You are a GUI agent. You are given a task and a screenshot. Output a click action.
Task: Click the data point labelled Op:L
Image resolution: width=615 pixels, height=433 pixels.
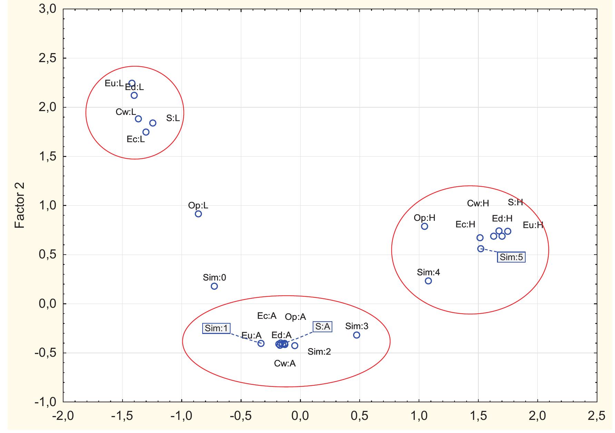(198, 214)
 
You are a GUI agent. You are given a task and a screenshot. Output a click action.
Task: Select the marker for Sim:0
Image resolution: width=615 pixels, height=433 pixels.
(214, 286)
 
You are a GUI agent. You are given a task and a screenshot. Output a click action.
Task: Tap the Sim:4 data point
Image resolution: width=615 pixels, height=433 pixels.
(428, 281)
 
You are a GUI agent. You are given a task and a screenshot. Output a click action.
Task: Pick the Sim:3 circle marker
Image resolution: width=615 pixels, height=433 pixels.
(357, 335)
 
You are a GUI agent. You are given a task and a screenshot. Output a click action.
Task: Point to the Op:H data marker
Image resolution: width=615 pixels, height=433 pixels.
(424, 226)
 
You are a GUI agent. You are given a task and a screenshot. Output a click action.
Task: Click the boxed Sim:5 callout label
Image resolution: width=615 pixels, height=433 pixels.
(511, 257)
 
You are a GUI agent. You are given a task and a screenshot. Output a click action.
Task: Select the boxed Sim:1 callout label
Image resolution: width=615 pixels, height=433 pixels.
(216, 328)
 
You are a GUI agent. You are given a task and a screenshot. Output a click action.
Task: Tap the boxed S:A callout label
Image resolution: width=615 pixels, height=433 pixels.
(322, 326)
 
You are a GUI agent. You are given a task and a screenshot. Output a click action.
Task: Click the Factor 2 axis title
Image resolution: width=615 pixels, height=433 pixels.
(20, 206)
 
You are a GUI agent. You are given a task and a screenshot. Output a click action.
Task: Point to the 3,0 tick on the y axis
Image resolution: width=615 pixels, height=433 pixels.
(48, 9)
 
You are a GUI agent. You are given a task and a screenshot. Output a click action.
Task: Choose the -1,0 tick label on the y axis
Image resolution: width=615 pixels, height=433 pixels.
(45, 402)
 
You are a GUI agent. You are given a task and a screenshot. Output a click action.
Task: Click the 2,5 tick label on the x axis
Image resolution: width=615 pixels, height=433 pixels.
(596, 416)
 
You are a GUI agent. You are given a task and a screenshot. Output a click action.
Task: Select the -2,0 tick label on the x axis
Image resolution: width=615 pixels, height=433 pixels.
(63, 416)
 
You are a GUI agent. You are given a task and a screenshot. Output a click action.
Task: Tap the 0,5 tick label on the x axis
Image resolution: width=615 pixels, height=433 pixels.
(359, 416)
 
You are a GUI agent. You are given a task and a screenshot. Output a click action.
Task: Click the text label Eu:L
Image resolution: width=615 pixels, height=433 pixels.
(114, 83)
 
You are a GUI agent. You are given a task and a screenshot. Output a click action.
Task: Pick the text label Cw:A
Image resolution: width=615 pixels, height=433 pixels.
(285, 363)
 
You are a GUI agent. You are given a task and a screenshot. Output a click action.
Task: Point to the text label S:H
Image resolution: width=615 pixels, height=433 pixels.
(515, 203)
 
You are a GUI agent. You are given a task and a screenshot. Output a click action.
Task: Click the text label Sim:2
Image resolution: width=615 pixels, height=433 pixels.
(319, 352)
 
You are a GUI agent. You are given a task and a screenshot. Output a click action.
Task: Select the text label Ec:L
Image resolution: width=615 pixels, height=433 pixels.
(136, 139)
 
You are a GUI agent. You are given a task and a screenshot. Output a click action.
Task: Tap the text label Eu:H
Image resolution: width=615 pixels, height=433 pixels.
(533, 225)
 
